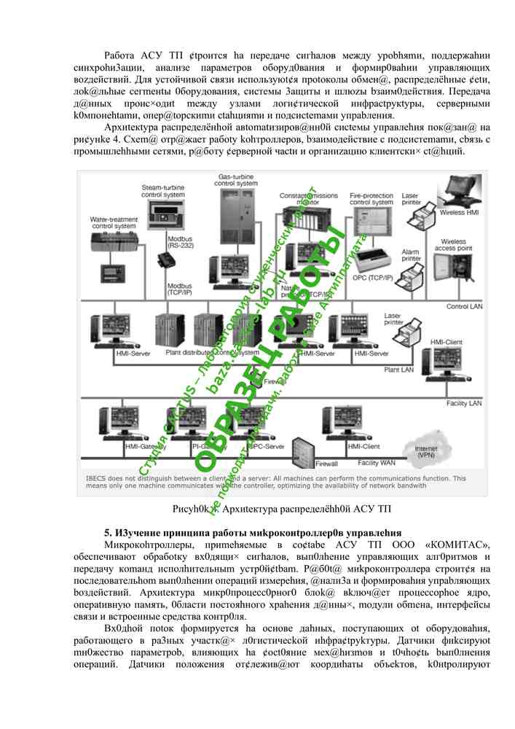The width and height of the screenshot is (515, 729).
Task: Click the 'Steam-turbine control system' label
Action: coord(163,192)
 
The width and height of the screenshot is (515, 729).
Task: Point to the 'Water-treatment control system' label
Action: coord(114,222)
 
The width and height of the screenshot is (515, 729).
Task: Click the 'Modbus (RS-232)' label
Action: coord(180,242)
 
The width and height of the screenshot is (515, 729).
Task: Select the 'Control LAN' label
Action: coord(464,306)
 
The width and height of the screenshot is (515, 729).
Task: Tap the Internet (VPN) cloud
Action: coord(425,451)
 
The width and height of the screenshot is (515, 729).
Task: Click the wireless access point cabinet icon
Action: coord(460,273)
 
